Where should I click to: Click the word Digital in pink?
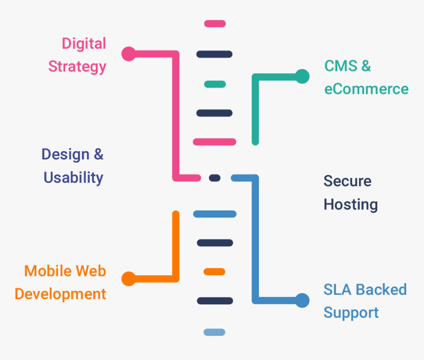[84, 43]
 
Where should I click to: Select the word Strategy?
[77, 66]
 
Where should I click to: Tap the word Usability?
[73, 178]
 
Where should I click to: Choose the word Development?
[60, 294]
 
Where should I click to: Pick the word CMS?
[341, 66]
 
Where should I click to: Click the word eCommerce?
[366, 89]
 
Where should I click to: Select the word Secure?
[348, 181]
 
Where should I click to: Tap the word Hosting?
[351, 204]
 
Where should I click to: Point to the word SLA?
[337, 289]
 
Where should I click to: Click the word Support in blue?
[351, 313]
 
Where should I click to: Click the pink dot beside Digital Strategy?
[129, 54]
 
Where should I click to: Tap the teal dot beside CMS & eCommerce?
[302, 76]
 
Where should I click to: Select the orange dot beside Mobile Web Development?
[129, 279]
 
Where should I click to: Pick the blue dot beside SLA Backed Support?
[302, 300]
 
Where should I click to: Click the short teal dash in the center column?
[215, 84]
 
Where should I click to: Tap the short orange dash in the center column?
[214, 272]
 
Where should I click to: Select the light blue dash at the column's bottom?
[214, 332]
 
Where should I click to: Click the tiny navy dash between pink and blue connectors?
[214, 178]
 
